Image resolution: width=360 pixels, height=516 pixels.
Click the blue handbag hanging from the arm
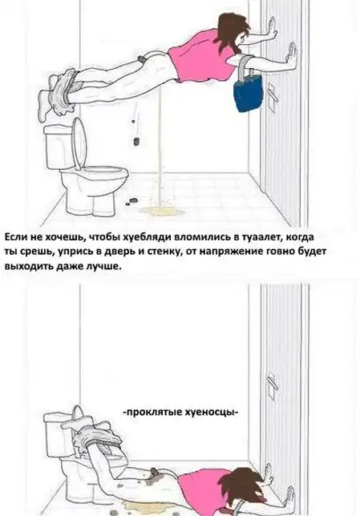[248, 93]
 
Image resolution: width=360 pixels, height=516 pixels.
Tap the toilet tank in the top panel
[59, 147]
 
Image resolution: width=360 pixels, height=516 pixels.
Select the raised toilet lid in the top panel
[79, 143]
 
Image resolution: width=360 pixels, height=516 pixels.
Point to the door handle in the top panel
[270, 94]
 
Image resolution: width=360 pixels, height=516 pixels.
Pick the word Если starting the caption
[16, 237]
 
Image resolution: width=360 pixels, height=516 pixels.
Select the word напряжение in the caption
[228, 252]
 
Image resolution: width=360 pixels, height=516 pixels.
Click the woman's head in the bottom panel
[246, 486]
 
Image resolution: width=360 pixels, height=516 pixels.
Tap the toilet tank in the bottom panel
[59, 433]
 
